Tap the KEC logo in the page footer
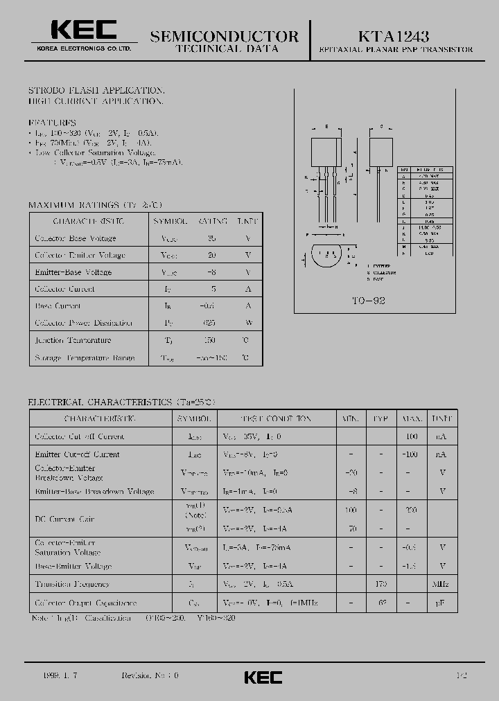tap(263, 677)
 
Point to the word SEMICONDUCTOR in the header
tap(225, 36)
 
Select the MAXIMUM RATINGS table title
tap(95, 205)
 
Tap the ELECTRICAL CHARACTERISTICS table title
tap(122, 402)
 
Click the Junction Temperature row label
tap(73, 340)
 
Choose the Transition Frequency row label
tap(72, 585)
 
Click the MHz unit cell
tap(440, 585)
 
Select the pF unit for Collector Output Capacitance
tap(440, 603)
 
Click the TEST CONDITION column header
tap(276, 419)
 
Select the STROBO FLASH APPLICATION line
tap(96, 91)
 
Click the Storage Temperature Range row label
tap(85, 358)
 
